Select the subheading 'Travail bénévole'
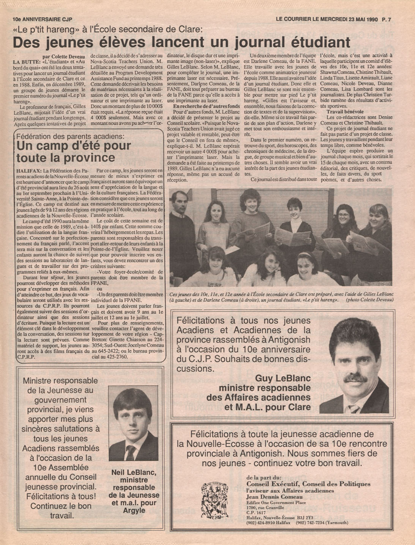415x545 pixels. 345,112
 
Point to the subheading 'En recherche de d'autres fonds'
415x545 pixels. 206,106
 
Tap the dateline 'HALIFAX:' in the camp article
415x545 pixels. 29,171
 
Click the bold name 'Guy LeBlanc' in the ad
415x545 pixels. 283,378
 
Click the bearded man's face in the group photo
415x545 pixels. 178,202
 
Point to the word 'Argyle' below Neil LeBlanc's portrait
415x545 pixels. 134,510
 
